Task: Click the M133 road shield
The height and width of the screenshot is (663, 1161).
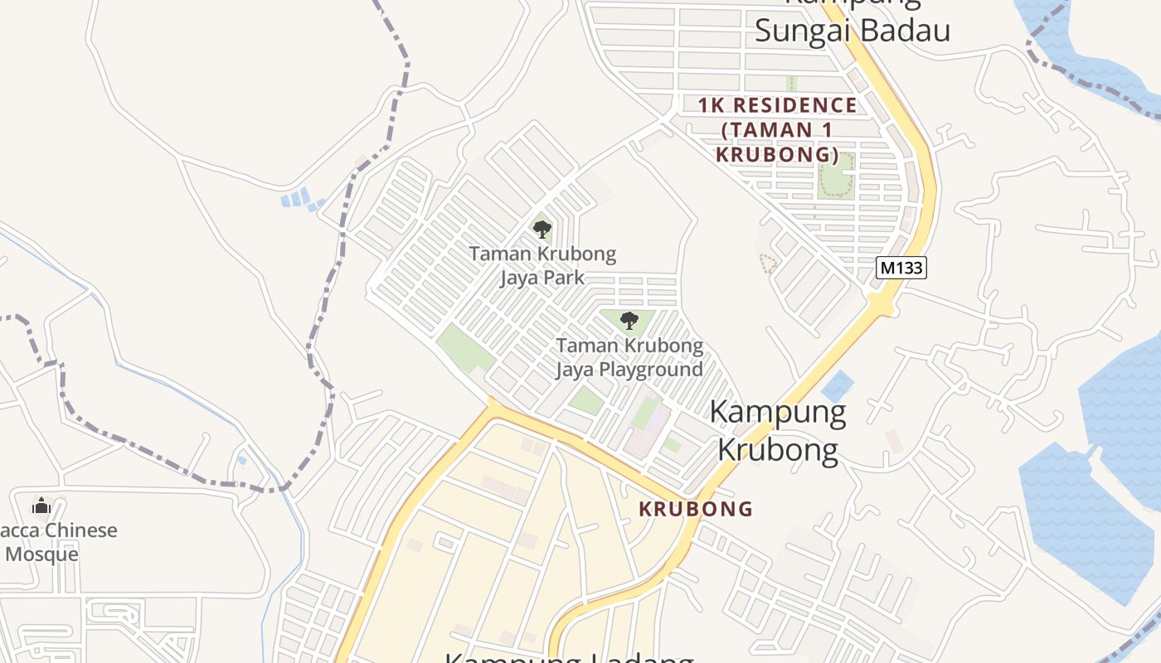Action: pyautogui.click(x=901, y=268)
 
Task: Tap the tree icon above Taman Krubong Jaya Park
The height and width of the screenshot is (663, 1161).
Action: pyautogui.click(x=542, y=229)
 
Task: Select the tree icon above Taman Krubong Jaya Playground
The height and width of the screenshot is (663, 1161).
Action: pyautogui.click(x=629, y=321)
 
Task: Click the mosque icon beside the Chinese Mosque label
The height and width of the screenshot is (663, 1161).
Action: pyautogui.click(x=41, y=505)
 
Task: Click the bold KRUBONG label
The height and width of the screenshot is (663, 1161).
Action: pyautogui.click(x=696, y=509)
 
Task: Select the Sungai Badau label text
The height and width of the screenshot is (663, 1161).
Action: pyautogui.click(x=852, y=31)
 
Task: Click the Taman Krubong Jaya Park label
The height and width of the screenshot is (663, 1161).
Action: pyautogui.click(x=542, y=265)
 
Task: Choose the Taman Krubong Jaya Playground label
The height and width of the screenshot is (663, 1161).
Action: pyautogui.click(x=629, y=357)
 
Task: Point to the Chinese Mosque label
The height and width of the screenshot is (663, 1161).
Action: pyautogui.click(x=58, y=542)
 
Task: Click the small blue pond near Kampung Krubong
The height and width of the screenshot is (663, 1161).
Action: pyautogui.click(x=838, y=386)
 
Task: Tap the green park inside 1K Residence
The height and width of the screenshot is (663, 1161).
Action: pyautogui.click(x=836, y=176)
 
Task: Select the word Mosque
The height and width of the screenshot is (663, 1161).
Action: pyautogui.click(x=41, y=554)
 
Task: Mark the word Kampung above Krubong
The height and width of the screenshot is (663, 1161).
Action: pyautogui.click(x=778, y=413)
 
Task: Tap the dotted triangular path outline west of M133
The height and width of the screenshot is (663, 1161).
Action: pyautogui.click(x=769, y=264)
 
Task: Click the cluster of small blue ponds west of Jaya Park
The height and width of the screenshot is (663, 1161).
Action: pyautogui.click(x=300, y=199)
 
